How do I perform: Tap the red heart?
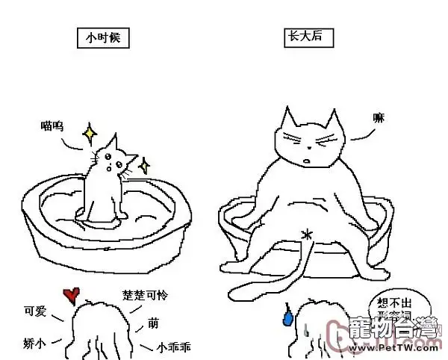point(71,294)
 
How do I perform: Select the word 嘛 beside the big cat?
point(379,117)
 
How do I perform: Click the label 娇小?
point(34,344)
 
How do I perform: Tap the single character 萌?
point(153,323)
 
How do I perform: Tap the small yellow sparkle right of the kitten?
point(144,165)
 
